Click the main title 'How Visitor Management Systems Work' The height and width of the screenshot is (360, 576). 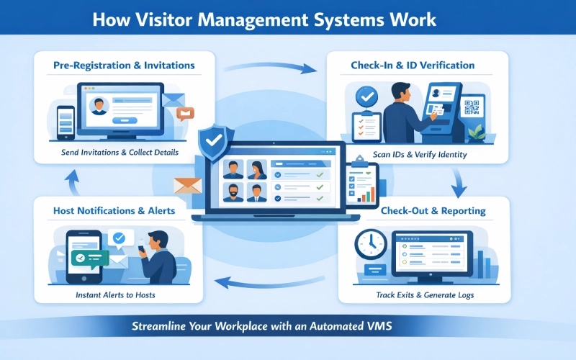(264, 18)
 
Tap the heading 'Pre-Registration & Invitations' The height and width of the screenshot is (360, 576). (124, 66)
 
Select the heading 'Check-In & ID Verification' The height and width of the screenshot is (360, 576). (412, 66)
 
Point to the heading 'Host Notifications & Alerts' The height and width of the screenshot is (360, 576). (114, 211)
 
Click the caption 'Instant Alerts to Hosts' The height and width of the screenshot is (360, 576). (115, 295)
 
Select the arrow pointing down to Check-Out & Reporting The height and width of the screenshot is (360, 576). (456, 185)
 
